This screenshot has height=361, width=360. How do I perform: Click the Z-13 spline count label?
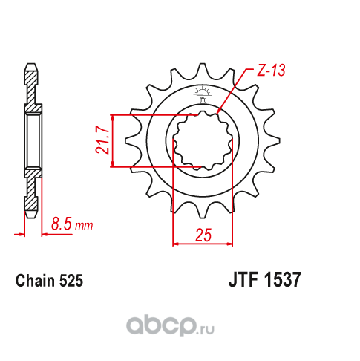[x=271, y=71]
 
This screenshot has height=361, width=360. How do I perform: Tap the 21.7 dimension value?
[x=102, y=140]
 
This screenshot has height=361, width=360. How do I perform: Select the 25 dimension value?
[x=203, y=235]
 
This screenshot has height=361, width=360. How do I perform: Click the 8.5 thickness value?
[x=62, y=224]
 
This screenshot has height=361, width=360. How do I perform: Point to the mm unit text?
[x=84, y=226]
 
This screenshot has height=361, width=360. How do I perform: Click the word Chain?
[x=35, y=281]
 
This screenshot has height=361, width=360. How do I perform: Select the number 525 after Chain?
[x=71, y=281]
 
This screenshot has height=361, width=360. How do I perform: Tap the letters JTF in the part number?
[x=243, y=279]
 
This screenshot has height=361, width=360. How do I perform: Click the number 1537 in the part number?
[x=283, y=279]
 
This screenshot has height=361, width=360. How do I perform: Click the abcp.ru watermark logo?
[x=171, y=325]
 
